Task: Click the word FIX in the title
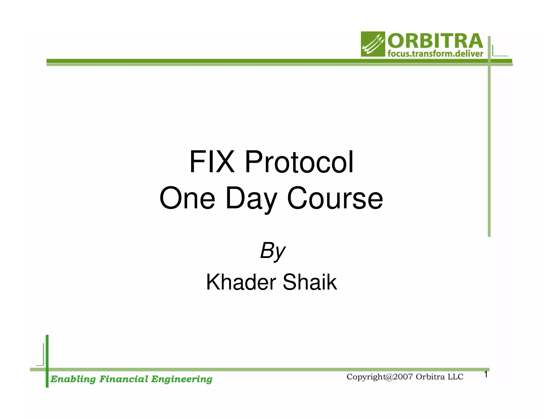point(212,162)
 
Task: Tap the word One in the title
point(187,198)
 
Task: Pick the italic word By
point(272,251)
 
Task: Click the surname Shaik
point(310,282)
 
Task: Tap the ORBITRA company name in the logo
point(435,41)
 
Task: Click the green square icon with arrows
point(373,44)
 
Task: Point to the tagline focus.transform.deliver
point(435,54)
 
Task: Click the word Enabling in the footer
point(73,379)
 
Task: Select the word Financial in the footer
point(124,379)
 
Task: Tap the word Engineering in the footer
point(182,379)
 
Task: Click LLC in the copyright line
point(455,377)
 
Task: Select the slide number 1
point(486,374)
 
